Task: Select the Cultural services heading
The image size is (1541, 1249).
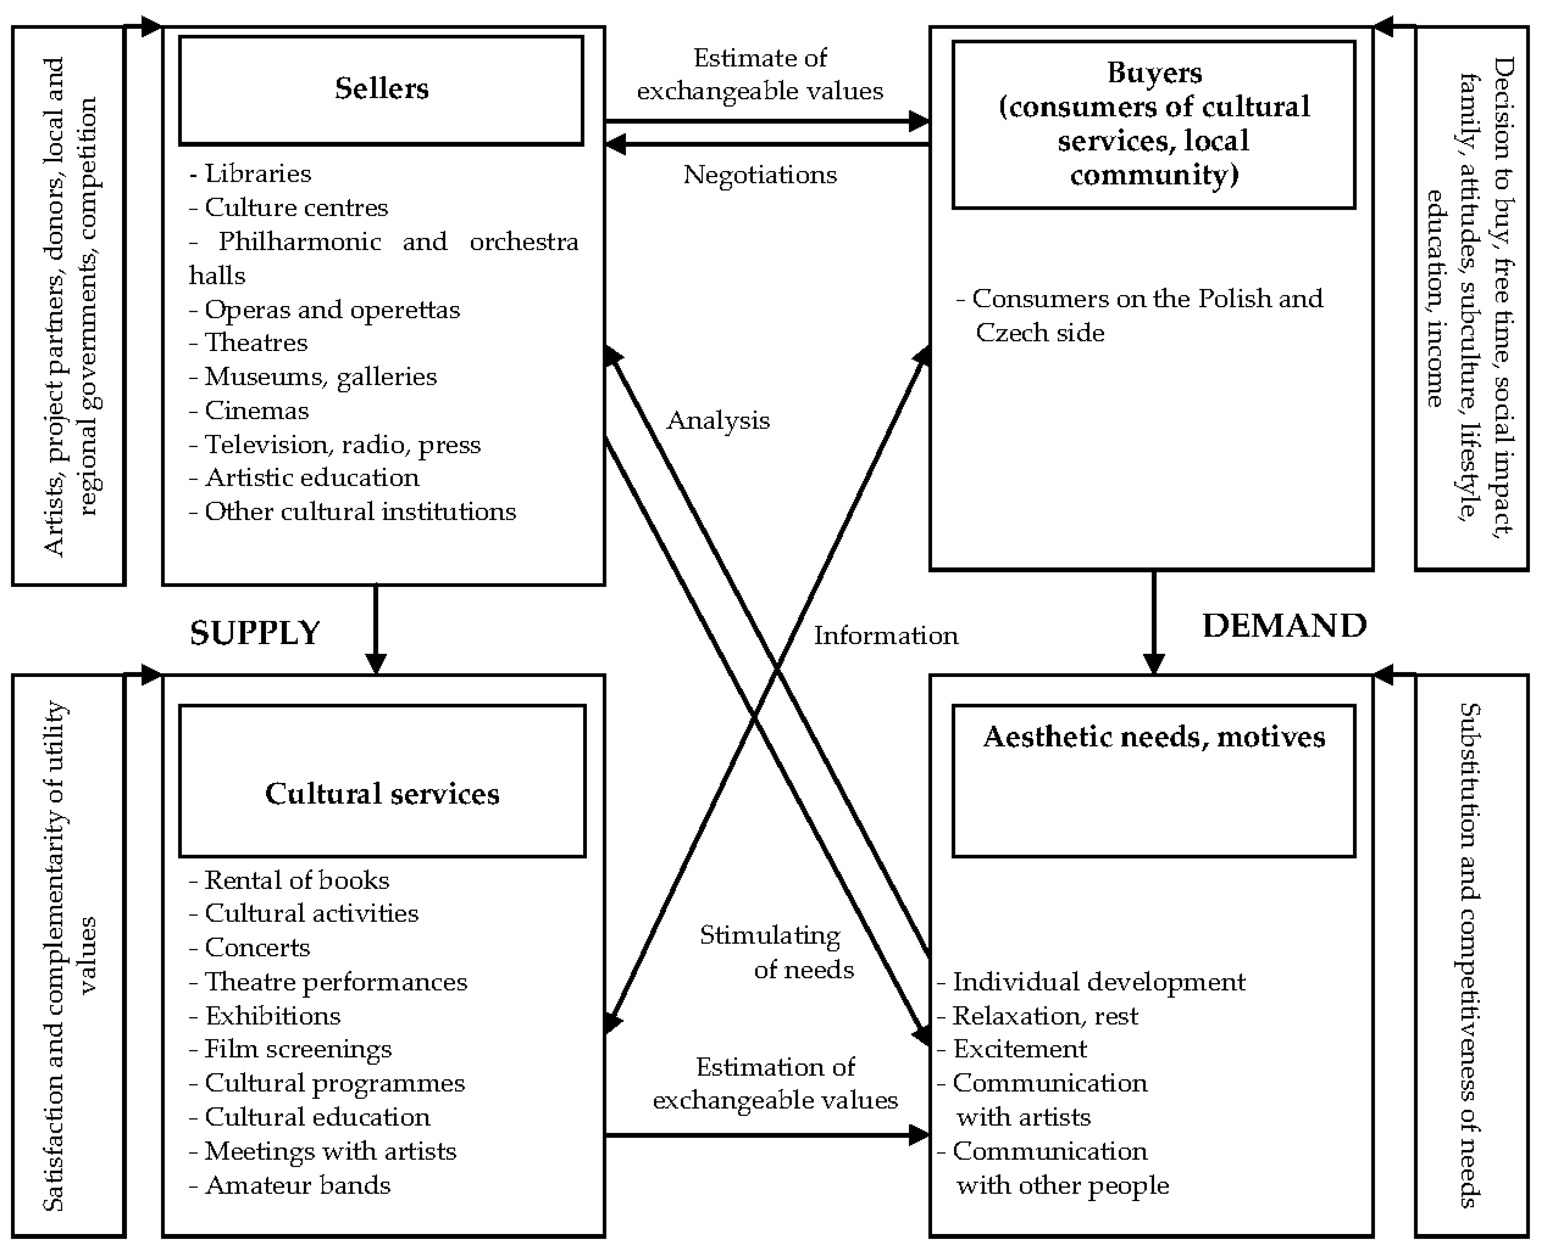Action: pyautogui.click(x=382, y=794)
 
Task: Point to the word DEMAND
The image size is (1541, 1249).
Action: pyautogui.click(x=1284, y=625)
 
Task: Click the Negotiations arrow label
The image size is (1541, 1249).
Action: pyautogui.click(x=760, y=175)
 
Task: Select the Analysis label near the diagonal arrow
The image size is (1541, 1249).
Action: pyautogui.click(x=718, y=420)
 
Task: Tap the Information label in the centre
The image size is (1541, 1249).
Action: pyautogui.click(x=886, y=635)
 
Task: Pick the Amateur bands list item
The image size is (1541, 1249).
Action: pyautogui.click(x=297, y=1185)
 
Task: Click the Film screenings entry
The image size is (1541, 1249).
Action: pyautogui.click(x=298, y=1049)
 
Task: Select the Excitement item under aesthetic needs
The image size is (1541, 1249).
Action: pyautogui.click(x=1020, y=1049)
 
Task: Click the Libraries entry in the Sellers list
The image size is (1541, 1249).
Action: pyautogui.click(x=258, y=173)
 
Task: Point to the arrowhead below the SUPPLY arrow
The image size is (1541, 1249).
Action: pyautogui.click(x=376, y=663)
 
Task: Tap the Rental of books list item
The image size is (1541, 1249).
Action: pyautogui.click(x=296, y=880)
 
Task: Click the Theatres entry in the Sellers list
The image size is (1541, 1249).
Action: pyautogui.click(x=256, y=342)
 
